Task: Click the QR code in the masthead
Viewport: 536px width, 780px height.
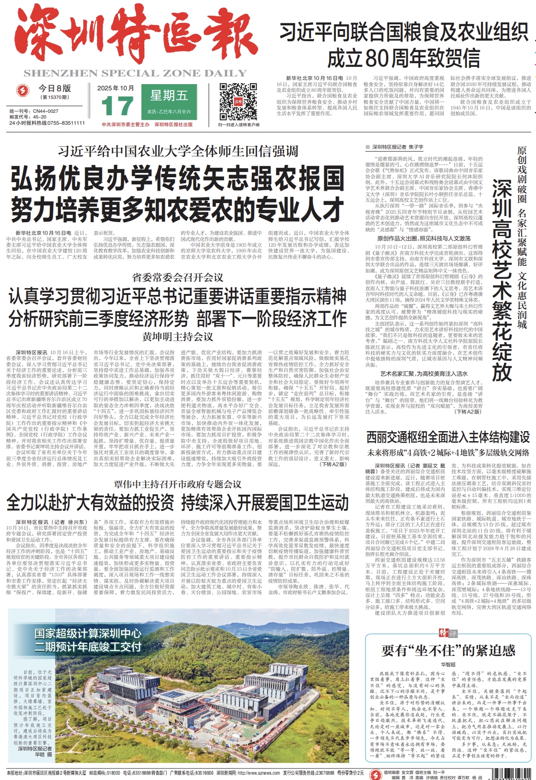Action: [x=238, y=102]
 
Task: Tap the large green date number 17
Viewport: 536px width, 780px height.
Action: [x=117, y=106]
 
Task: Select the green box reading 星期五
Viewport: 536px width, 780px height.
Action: [x=169, y=96]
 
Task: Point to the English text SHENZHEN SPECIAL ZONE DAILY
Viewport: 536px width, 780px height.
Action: [x=135, y=73]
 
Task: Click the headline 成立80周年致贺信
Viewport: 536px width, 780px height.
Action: [x=404, y=58]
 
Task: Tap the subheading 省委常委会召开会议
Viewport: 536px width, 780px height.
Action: [x=177, y=278]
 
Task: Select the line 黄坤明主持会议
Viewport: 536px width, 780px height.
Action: [x=177, y=336]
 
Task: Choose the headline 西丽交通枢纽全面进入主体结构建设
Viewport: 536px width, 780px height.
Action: [x=448, y=437]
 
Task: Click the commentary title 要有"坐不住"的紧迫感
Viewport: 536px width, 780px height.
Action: [x=449, y=650]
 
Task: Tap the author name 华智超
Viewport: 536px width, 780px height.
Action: [x=448, y=664]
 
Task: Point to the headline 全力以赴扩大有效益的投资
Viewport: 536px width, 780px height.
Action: [x=90, y=503]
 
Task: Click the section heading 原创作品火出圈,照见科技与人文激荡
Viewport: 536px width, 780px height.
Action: [x=424, y=238]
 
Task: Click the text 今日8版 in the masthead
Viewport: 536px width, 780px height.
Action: [x=54, y=88]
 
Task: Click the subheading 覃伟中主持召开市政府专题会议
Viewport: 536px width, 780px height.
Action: [x=177, y=484]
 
